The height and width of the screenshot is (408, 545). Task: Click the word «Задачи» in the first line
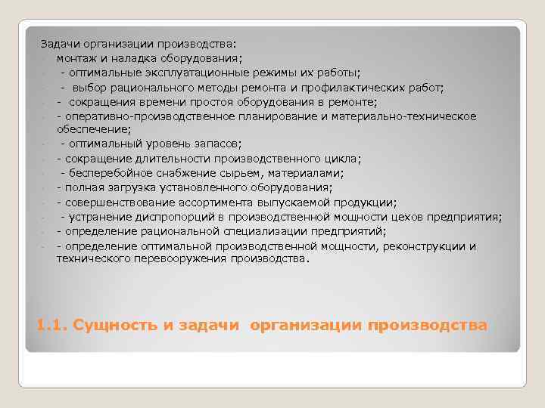point(58,44)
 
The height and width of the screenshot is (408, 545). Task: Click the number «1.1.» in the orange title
point(51,326)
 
